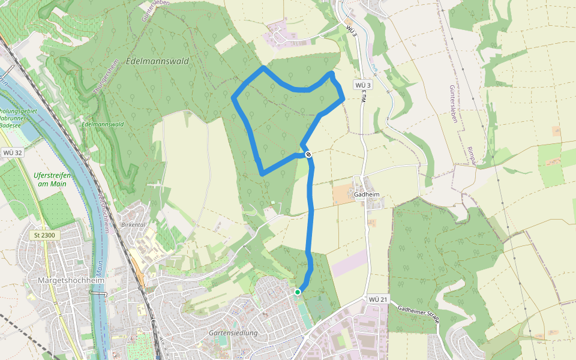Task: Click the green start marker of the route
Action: pyautogui.click(x=297, y=292)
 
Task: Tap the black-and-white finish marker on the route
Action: pyautogui.click(x=308, y=154)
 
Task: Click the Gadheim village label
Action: pyautogui.click(x=367, y=194)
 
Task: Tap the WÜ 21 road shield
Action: pyautogui.click(x=379, y=299)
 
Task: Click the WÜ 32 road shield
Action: pyautogui.click(x=12, y=152)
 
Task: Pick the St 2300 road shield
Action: pyautogui.click(x=44, y=235)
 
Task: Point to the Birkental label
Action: pyautogui.click(x=134, y=224)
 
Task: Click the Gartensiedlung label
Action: pyautogui.click(x=233, y=333)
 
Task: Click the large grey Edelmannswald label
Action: pyautogui.click(x=158, y=61)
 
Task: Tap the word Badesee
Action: pyautogui.click(x=8, y=126)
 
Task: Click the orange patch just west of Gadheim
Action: pyautogui.click(x=344, y=194)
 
